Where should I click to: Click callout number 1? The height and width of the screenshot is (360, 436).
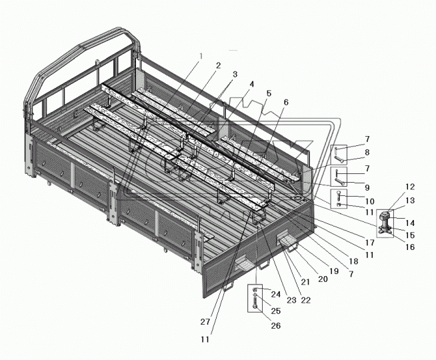point(201,57)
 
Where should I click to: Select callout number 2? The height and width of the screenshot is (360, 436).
point(218,65)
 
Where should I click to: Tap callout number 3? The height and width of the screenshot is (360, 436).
point(235,75)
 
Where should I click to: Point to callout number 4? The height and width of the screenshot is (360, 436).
point(251,84)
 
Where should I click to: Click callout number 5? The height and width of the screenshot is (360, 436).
point(268,93)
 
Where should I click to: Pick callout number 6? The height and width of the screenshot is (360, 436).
point(286,102)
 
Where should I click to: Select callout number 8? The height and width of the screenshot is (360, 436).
point(367,153)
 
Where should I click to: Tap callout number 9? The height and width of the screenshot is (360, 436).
point(367,187)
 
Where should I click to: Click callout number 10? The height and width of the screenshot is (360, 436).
point(370,201)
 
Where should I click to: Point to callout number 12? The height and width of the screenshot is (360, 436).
point(409,187)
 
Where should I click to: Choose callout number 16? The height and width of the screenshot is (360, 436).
point(410,247)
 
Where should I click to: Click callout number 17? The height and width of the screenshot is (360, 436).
point(370,243)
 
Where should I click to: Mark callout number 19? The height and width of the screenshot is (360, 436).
point(334,271)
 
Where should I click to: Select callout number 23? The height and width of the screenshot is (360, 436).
point(291,300)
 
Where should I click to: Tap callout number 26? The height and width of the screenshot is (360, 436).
point(275,325)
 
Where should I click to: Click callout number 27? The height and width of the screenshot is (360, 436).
point(205,322)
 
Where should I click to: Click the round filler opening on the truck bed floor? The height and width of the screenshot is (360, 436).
point(299,197)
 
